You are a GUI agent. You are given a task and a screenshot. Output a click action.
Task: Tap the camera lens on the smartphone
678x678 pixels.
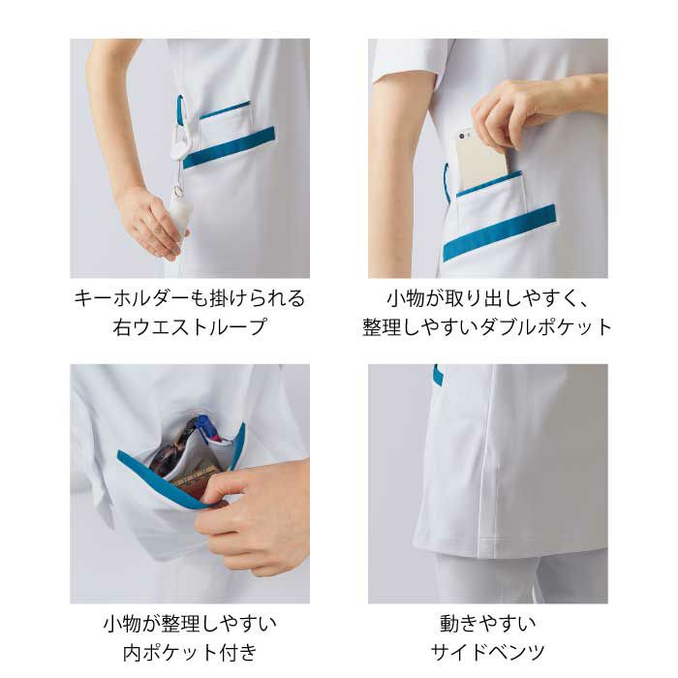462,137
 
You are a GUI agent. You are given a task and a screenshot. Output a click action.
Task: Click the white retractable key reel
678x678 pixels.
179,142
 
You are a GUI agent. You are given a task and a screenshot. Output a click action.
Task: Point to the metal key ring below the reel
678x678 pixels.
177,190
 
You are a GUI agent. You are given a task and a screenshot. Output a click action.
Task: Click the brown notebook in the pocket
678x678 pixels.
195,478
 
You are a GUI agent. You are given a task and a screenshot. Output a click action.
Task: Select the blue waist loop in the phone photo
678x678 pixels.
447,182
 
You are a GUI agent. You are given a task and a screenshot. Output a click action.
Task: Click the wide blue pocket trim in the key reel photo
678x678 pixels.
230,147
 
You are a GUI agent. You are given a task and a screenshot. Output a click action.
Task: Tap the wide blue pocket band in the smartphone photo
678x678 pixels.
500,232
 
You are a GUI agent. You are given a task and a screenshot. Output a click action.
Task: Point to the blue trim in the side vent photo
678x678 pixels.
439,374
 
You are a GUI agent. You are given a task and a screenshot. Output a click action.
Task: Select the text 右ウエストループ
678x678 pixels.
189,327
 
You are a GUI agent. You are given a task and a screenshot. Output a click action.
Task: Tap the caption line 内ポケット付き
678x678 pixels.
190,652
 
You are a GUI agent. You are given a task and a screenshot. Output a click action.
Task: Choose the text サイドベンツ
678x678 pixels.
488,652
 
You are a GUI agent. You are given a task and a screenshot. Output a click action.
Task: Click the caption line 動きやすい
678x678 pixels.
488,624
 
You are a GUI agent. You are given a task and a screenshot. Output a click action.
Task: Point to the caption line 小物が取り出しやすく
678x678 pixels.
488,298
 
